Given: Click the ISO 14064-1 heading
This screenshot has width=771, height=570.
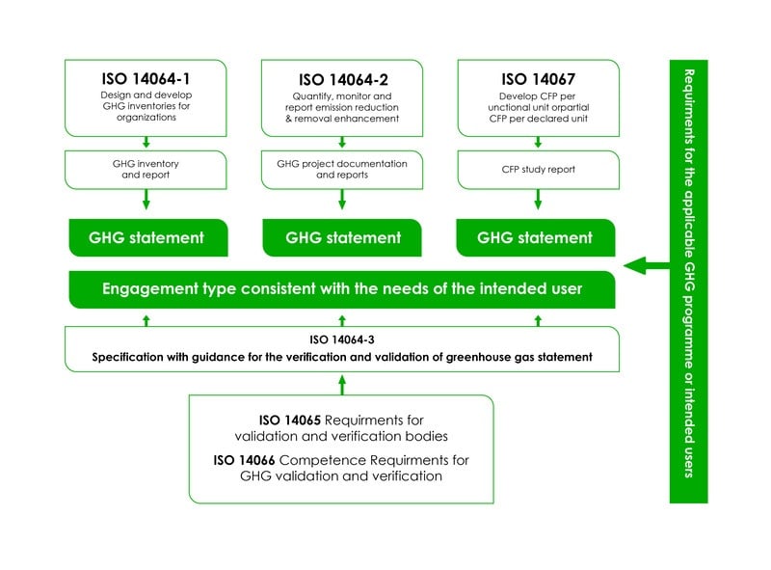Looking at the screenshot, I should (x=146, y=78).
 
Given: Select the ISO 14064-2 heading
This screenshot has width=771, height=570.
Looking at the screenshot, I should (x=342, y=78).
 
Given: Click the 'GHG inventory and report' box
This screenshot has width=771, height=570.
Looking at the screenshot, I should (x=146, y=169).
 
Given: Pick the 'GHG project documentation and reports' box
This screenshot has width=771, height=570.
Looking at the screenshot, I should (x=342, y=169).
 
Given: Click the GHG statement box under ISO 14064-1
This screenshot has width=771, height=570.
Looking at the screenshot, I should (x=147, y=237).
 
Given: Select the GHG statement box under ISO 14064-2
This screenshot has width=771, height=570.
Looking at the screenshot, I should (x=342, y=237).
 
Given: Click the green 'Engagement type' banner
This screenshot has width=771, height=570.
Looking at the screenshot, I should (x=342, y=288).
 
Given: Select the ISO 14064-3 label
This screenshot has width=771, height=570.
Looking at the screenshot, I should (x=342, y=339).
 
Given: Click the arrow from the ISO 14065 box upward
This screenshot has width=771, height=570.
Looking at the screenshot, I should (x=342, y=384).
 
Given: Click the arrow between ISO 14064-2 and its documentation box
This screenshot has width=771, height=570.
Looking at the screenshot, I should (x=342, y=143).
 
